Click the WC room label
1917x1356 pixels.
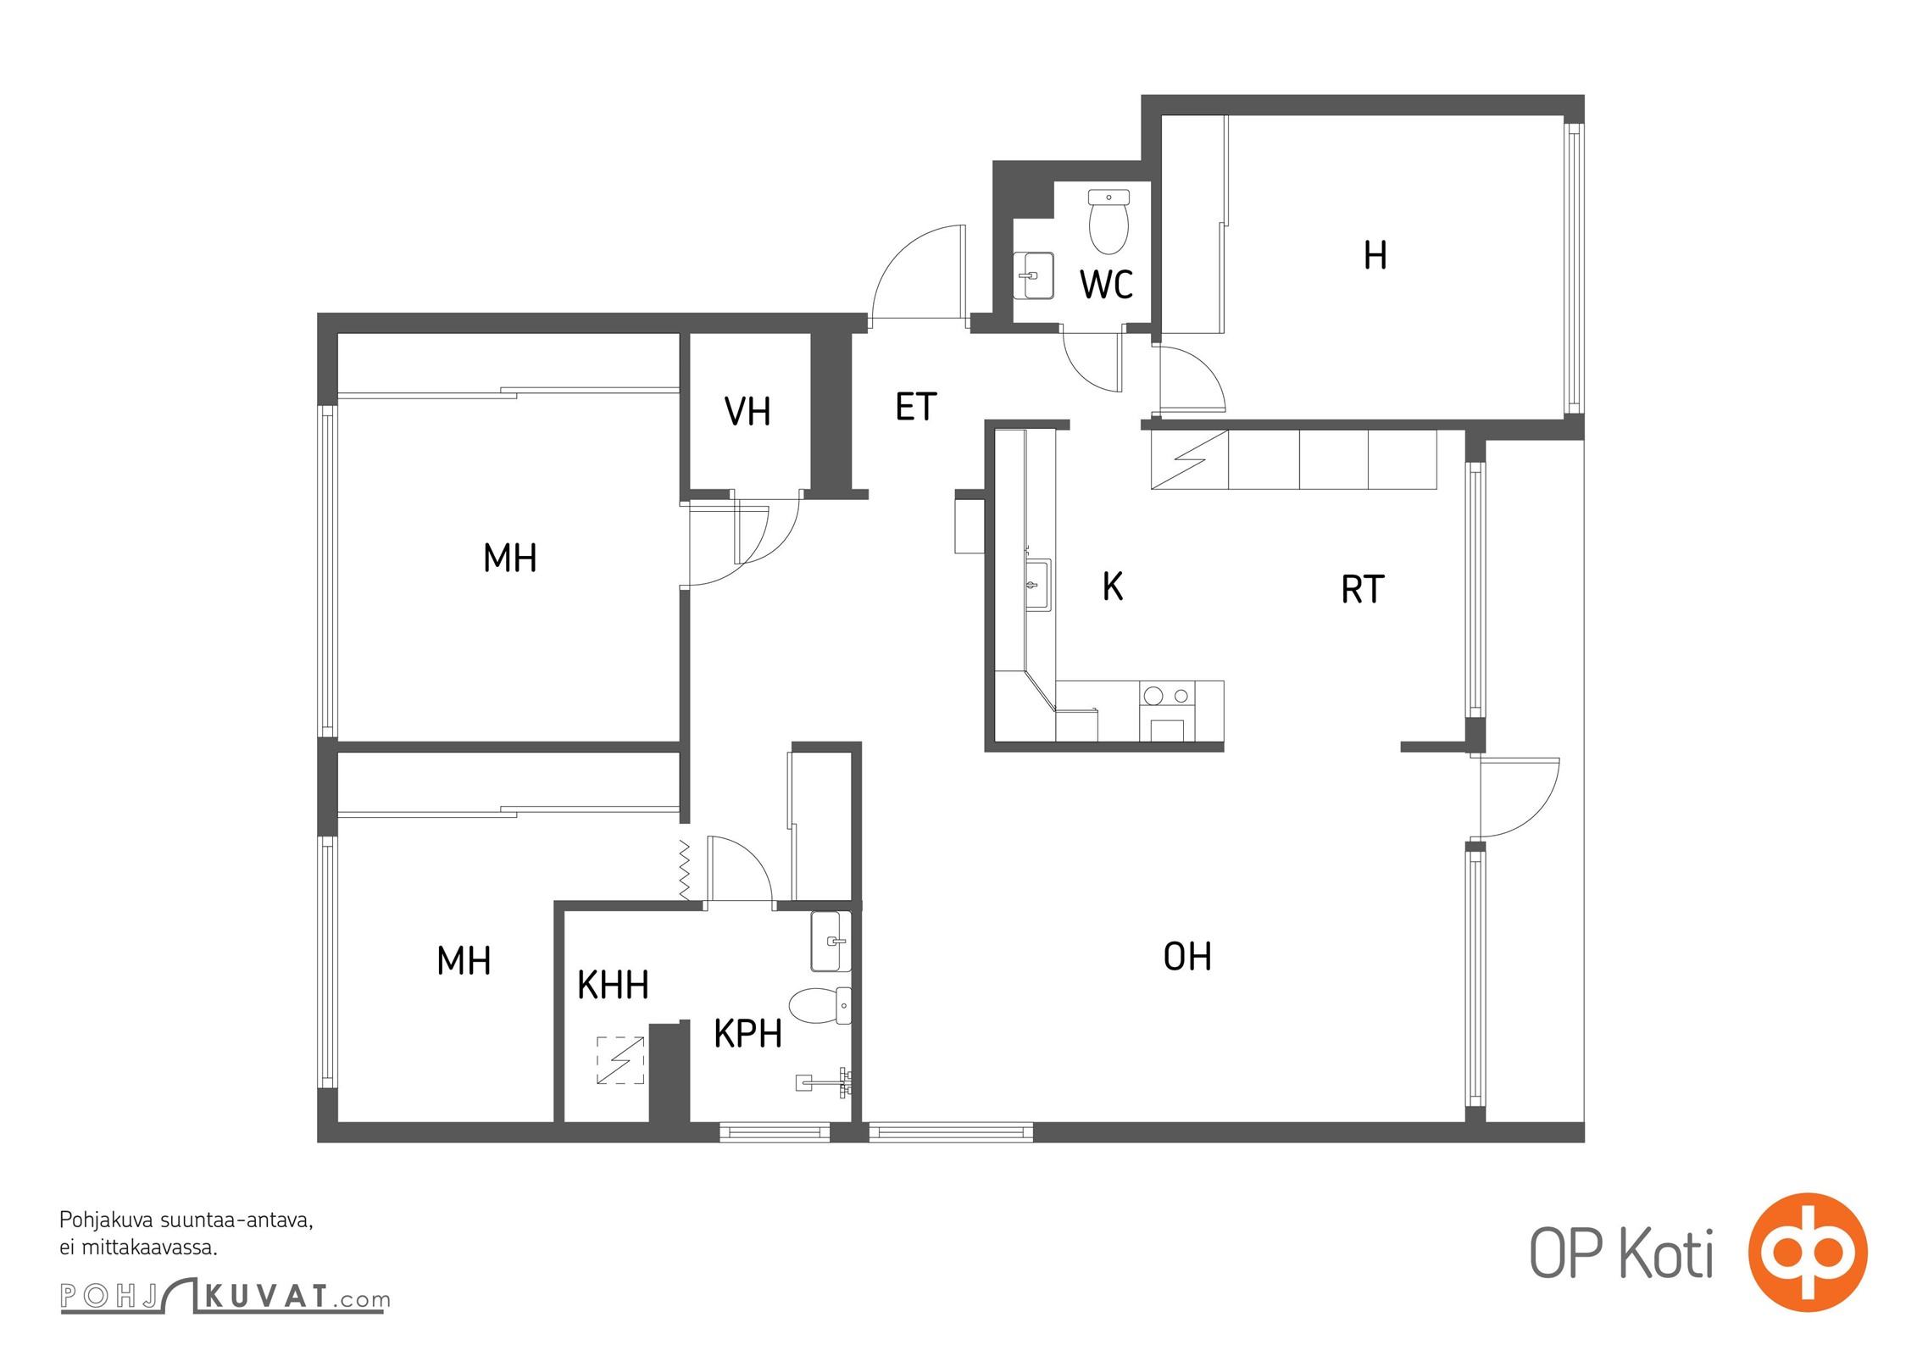(x=1106, y=285)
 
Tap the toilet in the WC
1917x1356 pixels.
(x=1109, y=222)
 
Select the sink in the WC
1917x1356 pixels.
(x=1034, y=275)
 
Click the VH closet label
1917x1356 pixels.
(x=747, y=412)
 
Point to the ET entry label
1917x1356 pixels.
(x=916, y=407)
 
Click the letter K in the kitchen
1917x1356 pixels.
(x=1113, y=586)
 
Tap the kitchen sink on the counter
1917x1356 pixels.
(x=1038, y=585)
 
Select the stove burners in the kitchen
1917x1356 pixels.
(x=1167, y=696)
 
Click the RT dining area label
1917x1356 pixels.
(x=1363, y=590)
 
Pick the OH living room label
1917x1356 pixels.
(x=1187, y=957)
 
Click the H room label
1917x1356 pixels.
(x=1375, y=255)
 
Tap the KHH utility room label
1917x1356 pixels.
(x=613, y=985)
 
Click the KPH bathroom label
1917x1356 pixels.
(x=747, y=1034)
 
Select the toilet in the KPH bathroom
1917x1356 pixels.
(x=820, y=1005)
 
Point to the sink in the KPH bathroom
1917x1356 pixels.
(x=831, y=941)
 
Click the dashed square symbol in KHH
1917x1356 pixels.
(x=620, y=1060)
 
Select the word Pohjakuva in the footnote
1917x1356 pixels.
(x=107, y=1221)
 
